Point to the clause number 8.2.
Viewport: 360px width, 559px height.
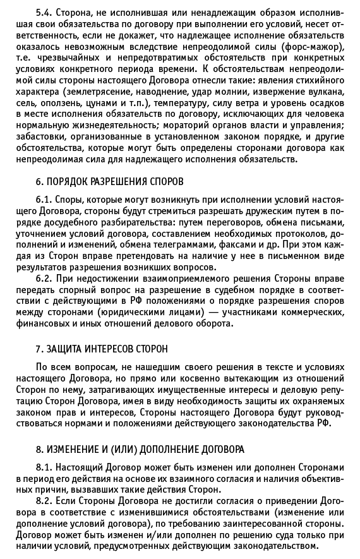[45, 502]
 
